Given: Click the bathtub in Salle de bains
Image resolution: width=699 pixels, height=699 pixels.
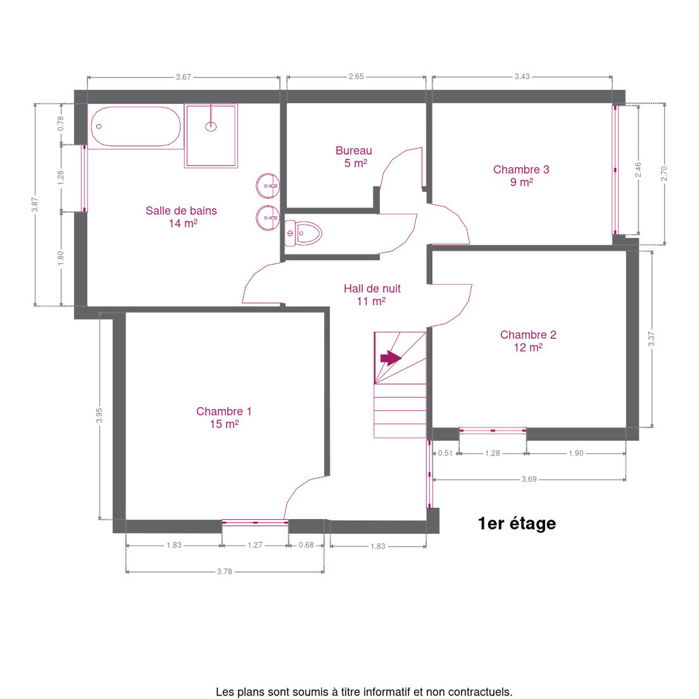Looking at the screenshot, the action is pos(135,126).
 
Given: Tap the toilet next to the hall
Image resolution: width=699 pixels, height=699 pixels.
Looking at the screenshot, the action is pos(303,233).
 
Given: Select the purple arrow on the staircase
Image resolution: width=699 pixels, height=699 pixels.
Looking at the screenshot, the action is pos(391,358).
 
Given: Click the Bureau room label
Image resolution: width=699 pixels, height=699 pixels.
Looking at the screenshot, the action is pos(354,157).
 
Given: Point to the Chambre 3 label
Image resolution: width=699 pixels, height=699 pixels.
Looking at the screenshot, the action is pos(521,175).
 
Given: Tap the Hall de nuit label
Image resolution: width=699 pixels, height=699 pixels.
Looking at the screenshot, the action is pos(372,295).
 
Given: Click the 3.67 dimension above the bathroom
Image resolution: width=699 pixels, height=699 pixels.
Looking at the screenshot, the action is pos(183,77).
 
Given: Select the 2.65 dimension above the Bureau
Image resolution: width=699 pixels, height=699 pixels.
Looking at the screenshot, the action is pos(356,76).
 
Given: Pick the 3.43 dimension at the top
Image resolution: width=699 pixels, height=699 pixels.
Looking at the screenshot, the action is pos(522,76).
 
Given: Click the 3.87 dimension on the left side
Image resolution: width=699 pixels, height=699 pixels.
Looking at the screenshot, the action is pos(35,205).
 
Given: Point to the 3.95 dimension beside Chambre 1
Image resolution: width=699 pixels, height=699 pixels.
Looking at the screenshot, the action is pos(100,415).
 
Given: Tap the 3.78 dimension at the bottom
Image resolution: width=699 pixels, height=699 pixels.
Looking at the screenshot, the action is pos(224,571).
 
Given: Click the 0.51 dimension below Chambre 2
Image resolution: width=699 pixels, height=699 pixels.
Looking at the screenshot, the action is pos(446,453).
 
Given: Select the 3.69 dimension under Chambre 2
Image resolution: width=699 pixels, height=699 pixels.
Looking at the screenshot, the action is pos(529,479).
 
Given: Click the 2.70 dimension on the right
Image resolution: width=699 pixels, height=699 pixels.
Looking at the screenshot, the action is pos(664,174).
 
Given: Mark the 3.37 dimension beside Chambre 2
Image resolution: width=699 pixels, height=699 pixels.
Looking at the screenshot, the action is pos(652,339).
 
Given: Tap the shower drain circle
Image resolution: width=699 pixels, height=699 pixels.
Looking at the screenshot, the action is pos(211,126).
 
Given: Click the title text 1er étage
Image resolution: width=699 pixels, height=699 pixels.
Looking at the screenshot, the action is pos(517,524).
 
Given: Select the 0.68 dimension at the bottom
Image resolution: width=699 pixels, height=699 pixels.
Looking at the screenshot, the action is pos(306,545).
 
